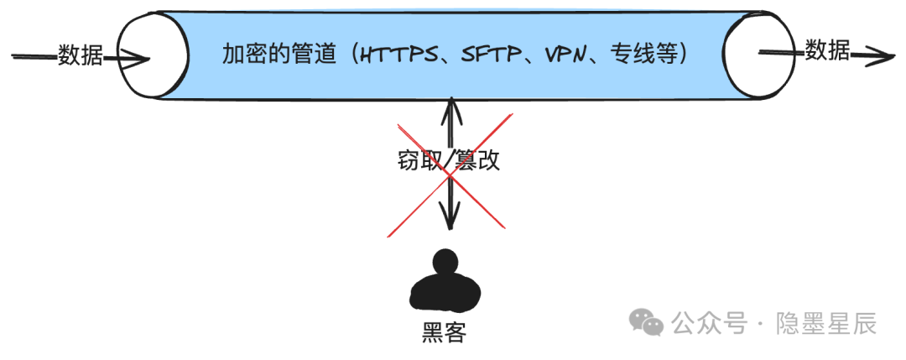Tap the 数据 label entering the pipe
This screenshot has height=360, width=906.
pos(81,56)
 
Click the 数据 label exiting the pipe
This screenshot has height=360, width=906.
pos(827,51)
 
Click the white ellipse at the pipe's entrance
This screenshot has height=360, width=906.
pos(152,56)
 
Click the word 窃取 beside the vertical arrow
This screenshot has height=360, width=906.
pos(419,160)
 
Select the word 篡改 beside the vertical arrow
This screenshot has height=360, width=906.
pos(477,160)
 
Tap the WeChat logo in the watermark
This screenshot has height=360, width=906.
pos(648,321)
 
